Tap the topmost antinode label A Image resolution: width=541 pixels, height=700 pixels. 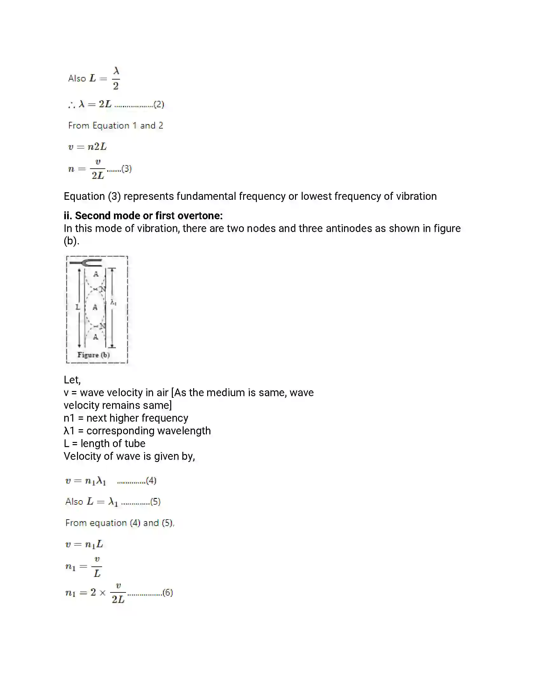click(96, 274)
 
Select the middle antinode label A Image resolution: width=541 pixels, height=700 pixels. click(95, 307)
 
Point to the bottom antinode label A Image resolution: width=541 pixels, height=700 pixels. click(95, 337)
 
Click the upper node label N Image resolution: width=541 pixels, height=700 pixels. click(102, 289)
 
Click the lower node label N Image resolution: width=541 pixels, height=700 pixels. click(102, 326)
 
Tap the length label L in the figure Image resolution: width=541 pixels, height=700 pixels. click(78, 307)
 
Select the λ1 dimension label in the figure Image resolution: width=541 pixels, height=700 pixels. click(113, 302)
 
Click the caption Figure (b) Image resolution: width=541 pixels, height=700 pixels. click(94, 355)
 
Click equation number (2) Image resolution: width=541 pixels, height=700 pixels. click(159, 104)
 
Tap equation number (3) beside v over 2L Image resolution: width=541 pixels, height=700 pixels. click(127, 169)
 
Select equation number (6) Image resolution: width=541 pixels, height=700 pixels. click(168, 592)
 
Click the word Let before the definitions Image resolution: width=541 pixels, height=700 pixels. click(72, 380)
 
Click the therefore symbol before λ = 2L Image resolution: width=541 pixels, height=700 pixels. click(72, 105)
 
